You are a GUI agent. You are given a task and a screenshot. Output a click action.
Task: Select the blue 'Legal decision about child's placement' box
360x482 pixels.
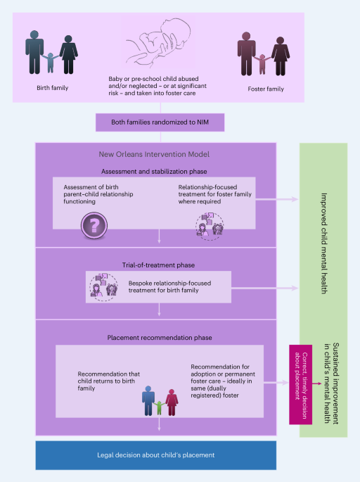156,455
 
